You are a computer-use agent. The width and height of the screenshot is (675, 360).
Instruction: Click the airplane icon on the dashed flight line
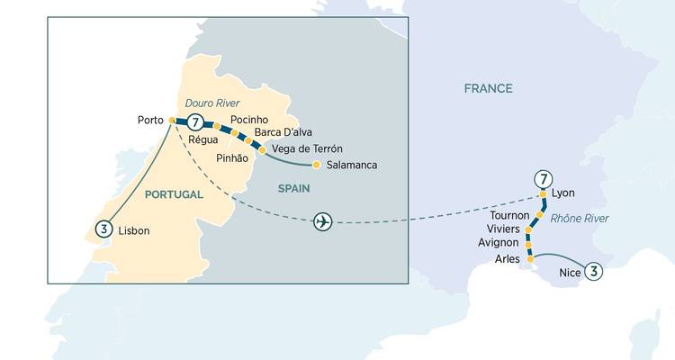(x=322, y=222)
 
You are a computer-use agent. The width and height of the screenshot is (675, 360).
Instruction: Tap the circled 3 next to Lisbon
(x=104, y=229)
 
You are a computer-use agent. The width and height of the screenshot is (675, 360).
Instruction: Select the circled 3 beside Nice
(x=594, y=270)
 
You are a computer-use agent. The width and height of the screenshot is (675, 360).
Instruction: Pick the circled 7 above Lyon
(x=542, y=178)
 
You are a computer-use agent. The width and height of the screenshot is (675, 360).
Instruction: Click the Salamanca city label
(x=351, y=165)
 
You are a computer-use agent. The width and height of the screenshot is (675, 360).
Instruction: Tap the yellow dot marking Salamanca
(x=316, y=165)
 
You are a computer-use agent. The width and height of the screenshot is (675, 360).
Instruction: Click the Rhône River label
(x=579, y=218)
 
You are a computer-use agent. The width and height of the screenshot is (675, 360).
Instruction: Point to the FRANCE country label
(x=488, y=88)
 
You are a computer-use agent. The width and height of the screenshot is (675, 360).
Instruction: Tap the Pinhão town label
(x=231, y=157)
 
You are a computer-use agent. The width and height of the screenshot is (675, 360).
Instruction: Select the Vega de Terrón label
(x=307, y=148)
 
